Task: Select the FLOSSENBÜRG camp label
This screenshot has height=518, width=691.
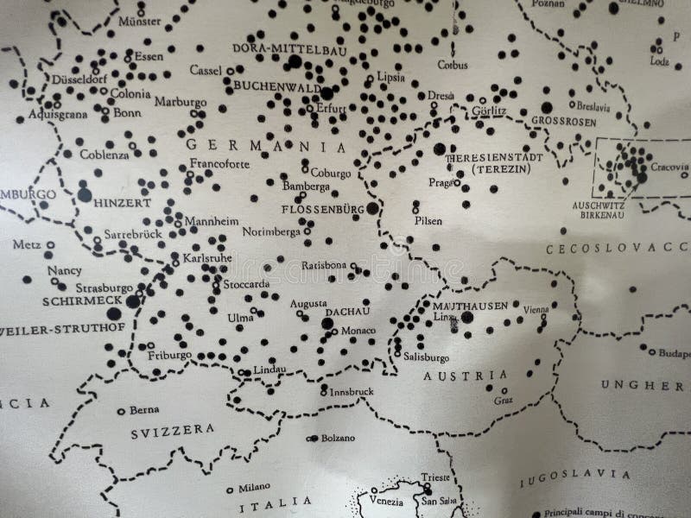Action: point(323,209)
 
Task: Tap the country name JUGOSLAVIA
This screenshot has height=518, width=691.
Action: point(567,474)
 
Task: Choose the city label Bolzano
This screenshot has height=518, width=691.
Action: point(338,438)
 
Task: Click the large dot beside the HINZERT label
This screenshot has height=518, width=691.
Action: point(85,195)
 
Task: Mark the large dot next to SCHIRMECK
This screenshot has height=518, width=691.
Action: point(132,300)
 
